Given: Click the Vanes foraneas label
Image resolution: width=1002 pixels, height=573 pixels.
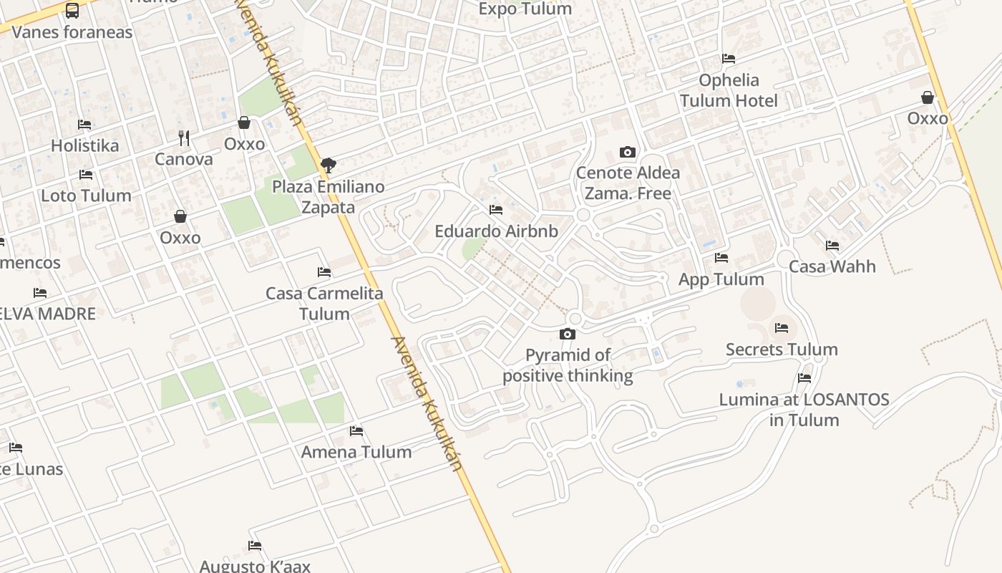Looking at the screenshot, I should click(x=72, y=32).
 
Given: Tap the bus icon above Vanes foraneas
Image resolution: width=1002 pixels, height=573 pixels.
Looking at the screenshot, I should click(x=72, y=10).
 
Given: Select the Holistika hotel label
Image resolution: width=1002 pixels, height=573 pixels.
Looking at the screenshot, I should click(x=84, y=145).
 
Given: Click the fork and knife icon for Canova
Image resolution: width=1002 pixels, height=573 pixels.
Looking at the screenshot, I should click(x=184, y=138).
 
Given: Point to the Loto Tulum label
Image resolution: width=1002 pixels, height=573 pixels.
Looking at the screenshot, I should click(x=86, y=196).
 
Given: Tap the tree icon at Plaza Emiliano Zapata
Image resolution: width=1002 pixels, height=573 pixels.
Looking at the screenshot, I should click(x=329, y=165).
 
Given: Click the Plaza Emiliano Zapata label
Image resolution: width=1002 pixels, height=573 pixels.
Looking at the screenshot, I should click(x=329, y=197).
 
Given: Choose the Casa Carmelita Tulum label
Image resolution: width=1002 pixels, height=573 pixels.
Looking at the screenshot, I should click(x=324, y=303).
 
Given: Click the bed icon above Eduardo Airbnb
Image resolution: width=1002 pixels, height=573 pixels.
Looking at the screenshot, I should click(x=496, y=210).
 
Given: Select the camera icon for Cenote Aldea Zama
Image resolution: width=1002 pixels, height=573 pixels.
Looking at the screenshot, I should click(x=628, y=152).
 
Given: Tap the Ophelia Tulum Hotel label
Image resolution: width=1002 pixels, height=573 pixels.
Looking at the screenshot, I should click(x=729, y=90).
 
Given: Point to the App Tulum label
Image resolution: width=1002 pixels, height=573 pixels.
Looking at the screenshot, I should click(x=721, y=279).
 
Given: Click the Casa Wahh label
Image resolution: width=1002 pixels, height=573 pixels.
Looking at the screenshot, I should click(x=832, y=266).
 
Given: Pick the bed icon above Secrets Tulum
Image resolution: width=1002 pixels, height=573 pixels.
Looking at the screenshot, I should click(x=782, y=328).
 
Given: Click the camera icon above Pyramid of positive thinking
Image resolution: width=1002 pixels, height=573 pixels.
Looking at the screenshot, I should click(x=568, y=334).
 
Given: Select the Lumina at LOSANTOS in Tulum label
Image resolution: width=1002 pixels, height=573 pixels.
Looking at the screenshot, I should click(x=804, y=410).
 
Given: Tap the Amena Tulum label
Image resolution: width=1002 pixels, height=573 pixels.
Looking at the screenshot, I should click(x=356, y=452).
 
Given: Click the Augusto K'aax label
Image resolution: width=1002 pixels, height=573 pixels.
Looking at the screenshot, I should click(x=255, y=566).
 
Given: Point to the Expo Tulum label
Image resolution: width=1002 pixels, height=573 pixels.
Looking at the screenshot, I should click(x=525, y=9).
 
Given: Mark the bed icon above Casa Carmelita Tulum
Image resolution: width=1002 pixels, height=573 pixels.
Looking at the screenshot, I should click(x=324, y=272).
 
